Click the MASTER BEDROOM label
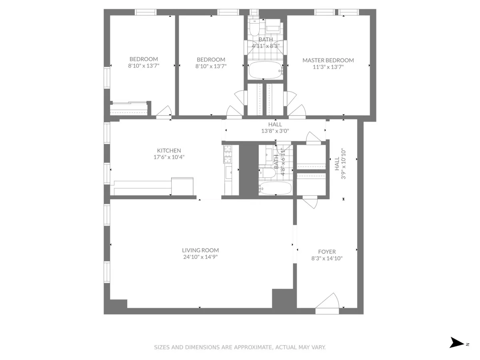pos(328,60)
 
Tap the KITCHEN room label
pos(169,150)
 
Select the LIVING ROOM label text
pos(200,250)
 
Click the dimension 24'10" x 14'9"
pos(200,257)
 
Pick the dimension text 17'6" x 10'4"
pos(169,157)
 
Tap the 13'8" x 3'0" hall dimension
pos(275,131)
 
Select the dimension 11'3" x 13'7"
pos(328,67)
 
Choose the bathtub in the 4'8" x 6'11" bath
pos(275,188)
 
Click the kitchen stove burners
pos(227,154)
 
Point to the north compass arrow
pos(456,343)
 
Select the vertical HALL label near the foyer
pos(336,164)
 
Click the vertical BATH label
pos(276,162)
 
